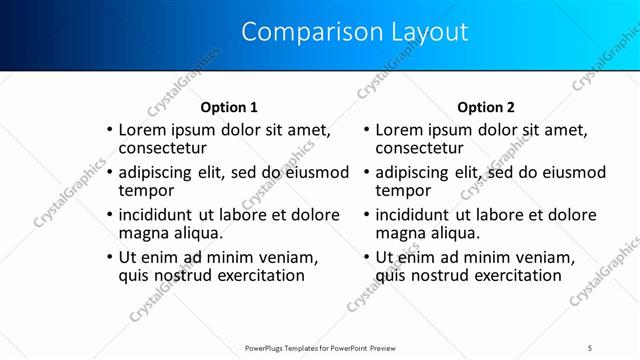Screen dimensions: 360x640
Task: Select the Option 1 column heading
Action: point(229,107)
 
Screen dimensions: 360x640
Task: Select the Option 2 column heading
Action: point(485,107)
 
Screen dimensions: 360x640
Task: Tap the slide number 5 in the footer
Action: point(590,347)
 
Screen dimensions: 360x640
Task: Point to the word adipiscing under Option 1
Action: point(159,172)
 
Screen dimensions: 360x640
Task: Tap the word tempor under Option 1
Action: point(146,190)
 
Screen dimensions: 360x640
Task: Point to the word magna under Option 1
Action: point(144,233)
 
